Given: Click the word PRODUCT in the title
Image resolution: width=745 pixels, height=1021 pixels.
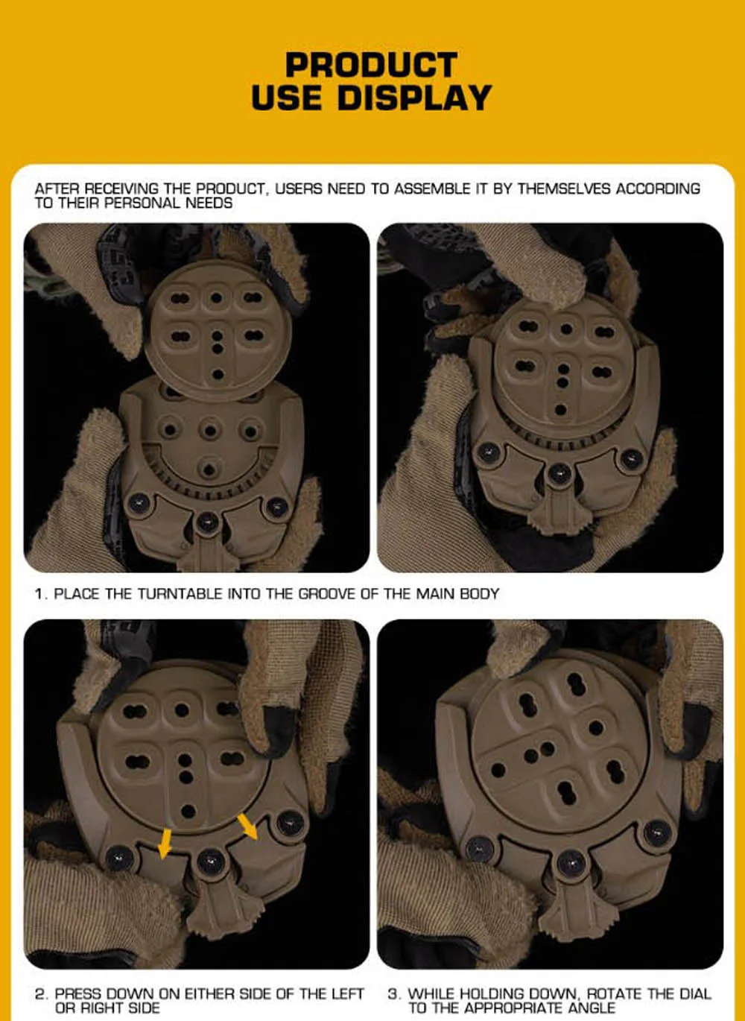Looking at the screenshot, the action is [371, 64].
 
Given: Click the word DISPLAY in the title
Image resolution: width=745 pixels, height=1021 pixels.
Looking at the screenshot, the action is [414, 97].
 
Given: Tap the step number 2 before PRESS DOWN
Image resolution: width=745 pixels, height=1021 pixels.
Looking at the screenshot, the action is [42, 993].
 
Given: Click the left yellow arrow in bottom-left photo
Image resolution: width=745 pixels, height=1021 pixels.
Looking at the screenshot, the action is [164, 844].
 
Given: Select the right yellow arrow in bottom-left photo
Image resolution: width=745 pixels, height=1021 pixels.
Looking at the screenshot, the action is [247, 826].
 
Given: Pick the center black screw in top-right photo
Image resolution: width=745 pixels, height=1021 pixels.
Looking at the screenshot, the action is [559, 473].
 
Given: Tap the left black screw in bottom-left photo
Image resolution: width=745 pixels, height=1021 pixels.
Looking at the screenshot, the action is [119, 857].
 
